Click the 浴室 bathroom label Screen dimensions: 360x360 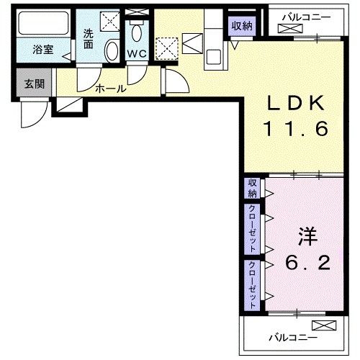click(43, 51)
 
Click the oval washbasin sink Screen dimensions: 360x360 click(112, 51)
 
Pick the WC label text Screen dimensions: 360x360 click(136, 54)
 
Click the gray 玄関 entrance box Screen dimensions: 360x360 click(34, 84)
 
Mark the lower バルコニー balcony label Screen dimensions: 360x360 click(289, 336)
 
